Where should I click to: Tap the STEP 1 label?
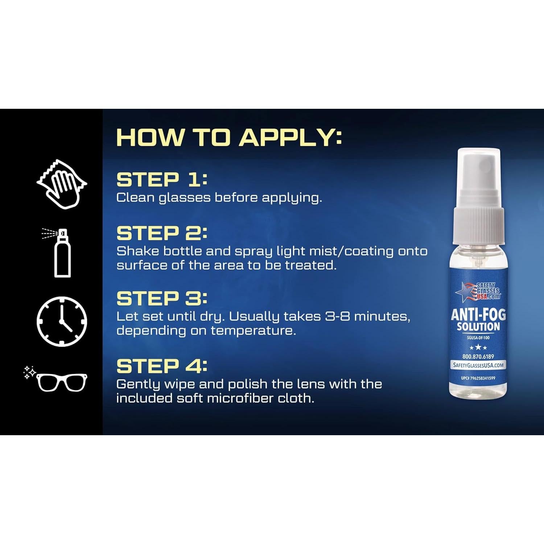(x=161, y=180)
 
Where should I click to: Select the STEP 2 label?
(x=161, y=233)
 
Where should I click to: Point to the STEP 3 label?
(x=161, y=298)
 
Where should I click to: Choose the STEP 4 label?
(x=161, y=366)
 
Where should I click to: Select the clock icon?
(x=62, y=321)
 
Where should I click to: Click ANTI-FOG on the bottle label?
(x=478, y=314)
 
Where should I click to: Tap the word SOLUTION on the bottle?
(x=478, y=327)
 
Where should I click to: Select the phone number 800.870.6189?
(x=478, y=357)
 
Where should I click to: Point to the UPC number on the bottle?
(x=478, y=378)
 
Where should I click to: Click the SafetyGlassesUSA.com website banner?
(x=478, y=365)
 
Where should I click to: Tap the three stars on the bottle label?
(x=478, y=347)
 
